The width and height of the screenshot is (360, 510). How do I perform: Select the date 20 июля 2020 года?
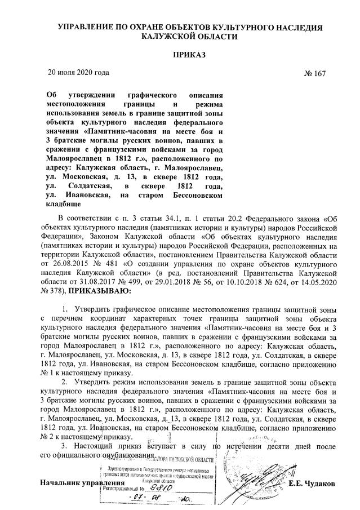pyautogui.click(x=78, y=72)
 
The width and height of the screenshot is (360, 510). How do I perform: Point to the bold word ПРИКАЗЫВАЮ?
pyautogui.click(x=99, y=291)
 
